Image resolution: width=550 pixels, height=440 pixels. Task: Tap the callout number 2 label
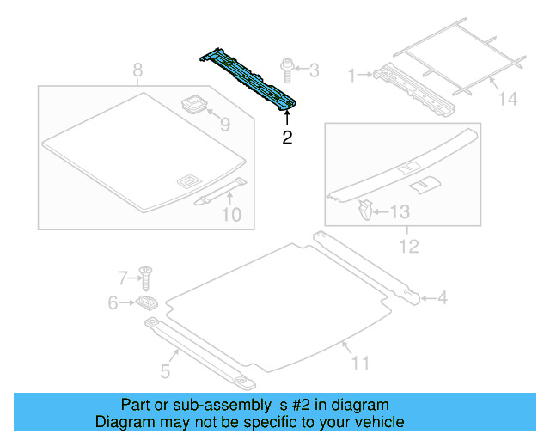[288, 137]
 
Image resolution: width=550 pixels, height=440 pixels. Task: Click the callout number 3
[313, 70]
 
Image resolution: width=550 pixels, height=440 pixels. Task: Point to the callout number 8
[137, 70]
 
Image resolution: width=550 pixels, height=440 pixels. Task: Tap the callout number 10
[231, 214]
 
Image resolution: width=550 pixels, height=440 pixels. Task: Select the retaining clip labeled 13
[364, 208]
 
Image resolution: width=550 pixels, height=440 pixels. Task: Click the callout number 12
[408, 247]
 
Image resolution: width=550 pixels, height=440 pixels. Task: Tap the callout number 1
[351, 76]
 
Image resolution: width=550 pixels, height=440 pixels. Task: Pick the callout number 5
[165, 372]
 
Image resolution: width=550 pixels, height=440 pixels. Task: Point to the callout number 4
[442, 298]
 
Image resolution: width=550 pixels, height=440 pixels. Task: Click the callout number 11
[360, 364]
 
